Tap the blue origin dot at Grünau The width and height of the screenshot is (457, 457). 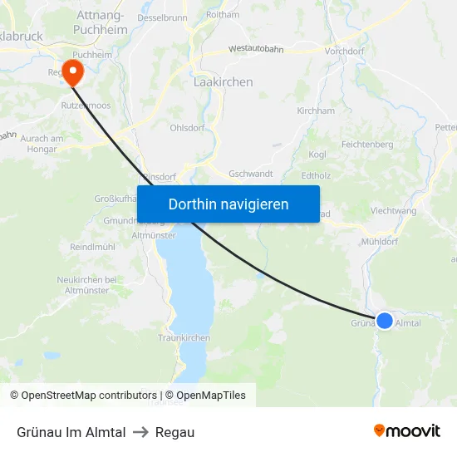coord(385,320)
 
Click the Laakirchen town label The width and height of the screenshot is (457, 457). coord(223,82)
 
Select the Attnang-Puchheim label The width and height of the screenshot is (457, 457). coord(101,22)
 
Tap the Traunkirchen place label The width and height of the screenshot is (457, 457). coord(184,338)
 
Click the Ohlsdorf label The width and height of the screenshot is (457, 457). coord(187,128)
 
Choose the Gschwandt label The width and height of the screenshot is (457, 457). coord(251,174)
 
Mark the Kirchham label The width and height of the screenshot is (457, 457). coord(316,111)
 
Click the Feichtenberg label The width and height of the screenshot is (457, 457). coord(367,144)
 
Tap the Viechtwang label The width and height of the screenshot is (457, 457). coord(393,211)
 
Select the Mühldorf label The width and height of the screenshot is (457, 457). coord(381,242)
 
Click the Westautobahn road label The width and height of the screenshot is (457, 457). coord(256,50)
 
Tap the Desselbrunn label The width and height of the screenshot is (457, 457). coord(162,17)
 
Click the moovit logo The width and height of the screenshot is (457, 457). coord(407,431)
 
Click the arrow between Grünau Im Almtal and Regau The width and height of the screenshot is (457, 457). coord(140,432)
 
